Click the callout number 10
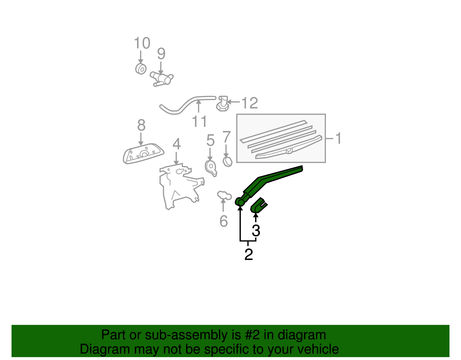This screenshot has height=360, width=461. coord(142,43)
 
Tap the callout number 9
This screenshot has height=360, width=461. coord(161,54)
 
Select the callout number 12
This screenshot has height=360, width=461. coord(250,103)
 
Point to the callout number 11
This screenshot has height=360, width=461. coord(199,121)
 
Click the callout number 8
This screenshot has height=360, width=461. coord(141,125)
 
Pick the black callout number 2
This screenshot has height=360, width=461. coord(248,254)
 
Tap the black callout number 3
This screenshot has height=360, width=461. coord(256,231)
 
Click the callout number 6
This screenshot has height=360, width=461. coord(224,221)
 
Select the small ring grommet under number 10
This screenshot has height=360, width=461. coord(141,69)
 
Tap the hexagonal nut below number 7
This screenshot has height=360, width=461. coord(228,162)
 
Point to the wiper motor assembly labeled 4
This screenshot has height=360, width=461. coord(180,184)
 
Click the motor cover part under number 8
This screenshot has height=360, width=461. coord(143,153)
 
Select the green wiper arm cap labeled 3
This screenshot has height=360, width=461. coord(258,206)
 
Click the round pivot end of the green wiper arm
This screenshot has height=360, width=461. coord(240,202)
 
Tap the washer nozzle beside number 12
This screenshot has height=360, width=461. coord(222,104)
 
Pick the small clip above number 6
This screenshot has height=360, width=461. coord(224,195)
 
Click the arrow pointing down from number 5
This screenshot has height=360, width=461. coord(210,154)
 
